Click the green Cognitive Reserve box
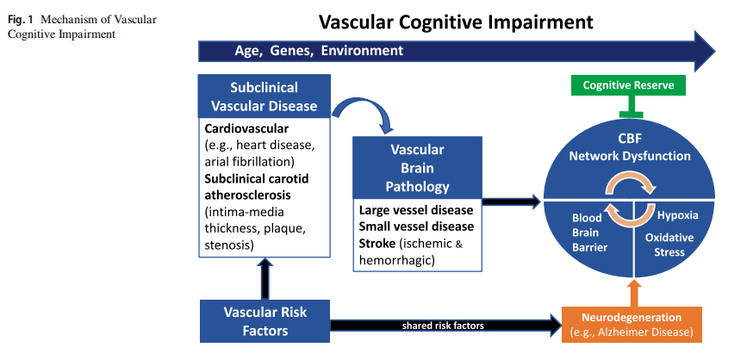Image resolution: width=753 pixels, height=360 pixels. pyautogui.click(x=634, y=85)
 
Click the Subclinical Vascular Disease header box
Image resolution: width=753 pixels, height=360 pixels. pyautogui.click(x=264, y=97)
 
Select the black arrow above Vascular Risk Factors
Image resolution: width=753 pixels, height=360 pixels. pyautogui.click(x=264, y=276)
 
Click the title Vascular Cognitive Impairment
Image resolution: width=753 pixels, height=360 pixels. pyautogui.click(x=457, y=22)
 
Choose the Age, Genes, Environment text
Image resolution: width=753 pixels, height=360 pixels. pyautogui.click(x=319, y=51)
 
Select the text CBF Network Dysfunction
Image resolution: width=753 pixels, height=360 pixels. pyautogui.click(x=630, y=148)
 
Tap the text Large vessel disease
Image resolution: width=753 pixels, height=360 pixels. pyautogui.click(x=416, y=210)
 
